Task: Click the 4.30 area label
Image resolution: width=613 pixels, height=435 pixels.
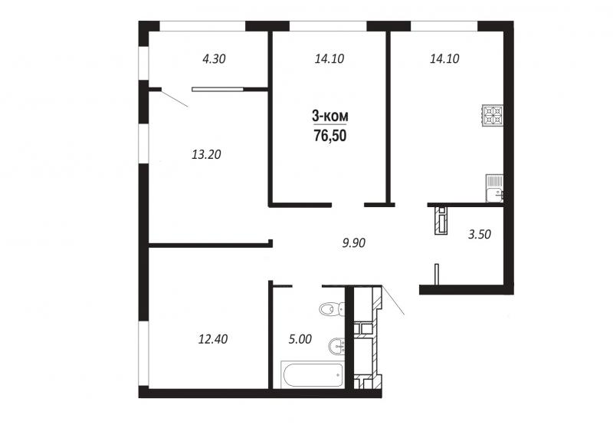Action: (x=214, y=59)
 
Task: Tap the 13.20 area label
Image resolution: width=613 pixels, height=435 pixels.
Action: (x=206, y=155)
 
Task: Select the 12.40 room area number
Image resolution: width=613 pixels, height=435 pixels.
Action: (x=213, y=339)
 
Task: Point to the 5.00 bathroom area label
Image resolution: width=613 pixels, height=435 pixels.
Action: (x=300, y=339)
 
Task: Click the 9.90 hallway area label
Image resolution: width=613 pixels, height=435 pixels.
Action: (x=353, y=243)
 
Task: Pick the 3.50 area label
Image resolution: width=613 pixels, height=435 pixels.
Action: (x=480, y=235)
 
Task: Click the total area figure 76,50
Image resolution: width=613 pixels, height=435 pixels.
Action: (x=330, y=136)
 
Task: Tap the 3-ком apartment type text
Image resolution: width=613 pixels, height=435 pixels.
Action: (x=330, y=117)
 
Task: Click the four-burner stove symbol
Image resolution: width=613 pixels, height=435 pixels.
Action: (x=492, y=116)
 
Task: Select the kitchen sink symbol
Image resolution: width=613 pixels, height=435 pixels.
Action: (x=494, y=188)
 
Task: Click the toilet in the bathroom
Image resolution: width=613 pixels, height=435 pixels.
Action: (x=332, y=309)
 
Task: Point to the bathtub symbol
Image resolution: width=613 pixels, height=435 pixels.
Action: (x=313, y=375)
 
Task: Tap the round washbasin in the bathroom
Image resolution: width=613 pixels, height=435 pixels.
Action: (x=336, y=347)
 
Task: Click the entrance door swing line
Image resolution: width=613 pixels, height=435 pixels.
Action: (x=393, y=300)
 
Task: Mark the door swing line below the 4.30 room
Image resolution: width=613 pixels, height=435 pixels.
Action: (x=175, y=99)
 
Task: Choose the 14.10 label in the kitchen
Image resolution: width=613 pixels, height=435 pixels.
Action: (x=444, y=59)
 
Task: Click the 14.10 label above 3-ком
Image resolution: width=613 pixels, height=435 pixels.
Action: (x=329, y=59)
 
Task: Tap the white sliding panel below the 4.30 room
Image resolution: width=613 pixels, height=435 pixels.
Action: (x=217, y=89)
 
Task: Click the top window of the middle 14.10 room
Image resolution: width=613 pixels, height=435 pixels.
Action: (x=328, y=26)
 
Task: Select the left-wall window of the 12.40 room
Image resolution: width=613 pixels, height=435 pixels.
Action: (x=143, y=354)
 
